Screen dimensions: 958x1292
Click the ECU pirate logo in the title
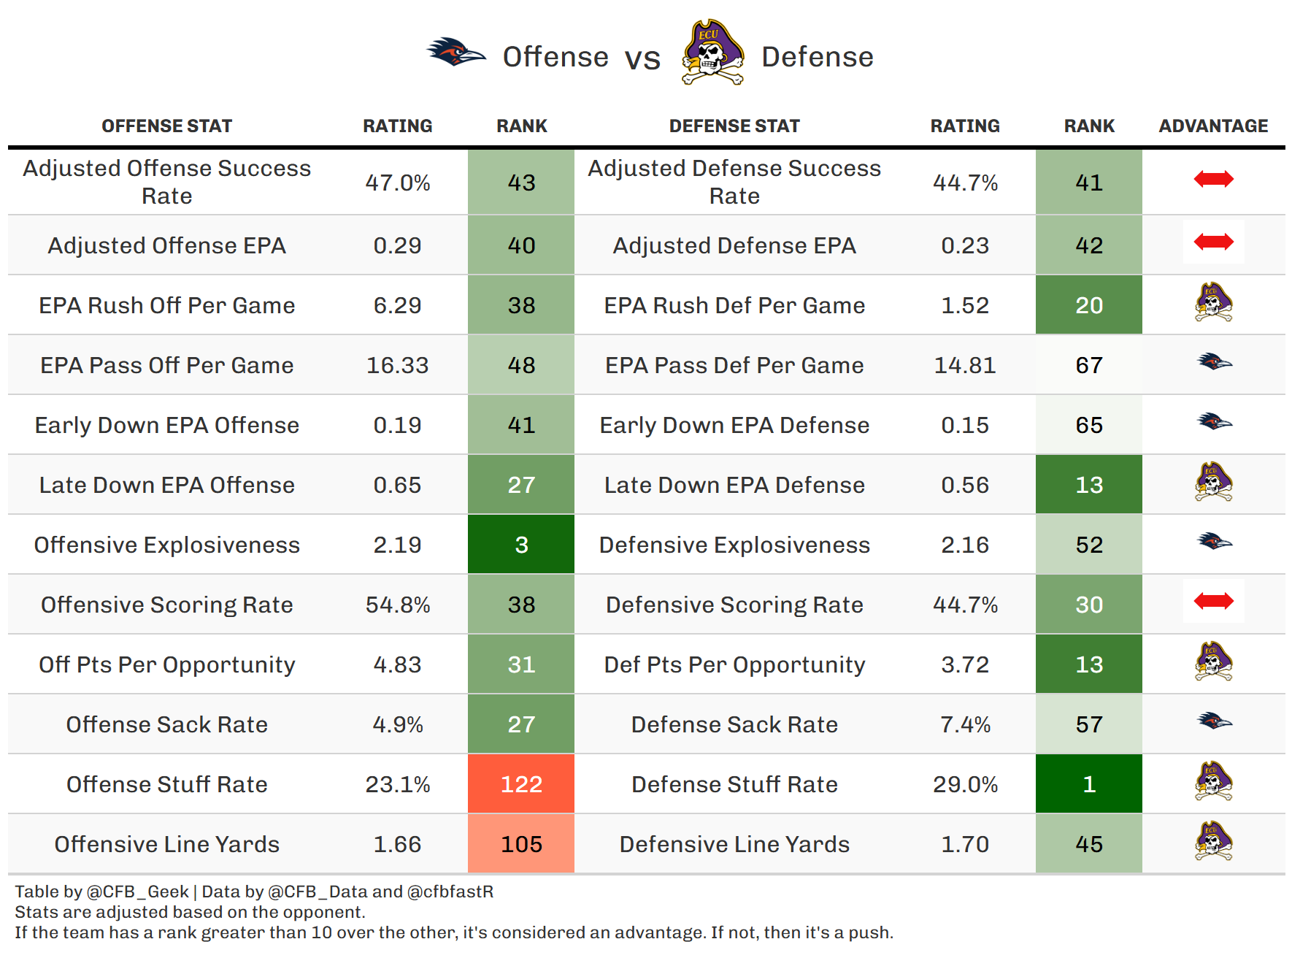click(x=712, y=53)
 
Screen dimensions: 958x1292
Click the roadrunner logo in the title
click(x=456, y=53)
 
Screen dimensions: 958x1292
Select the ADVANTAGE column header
click(x=1213, y=126)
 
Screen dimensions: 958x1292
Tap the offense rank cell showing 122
click(x=521, y=784)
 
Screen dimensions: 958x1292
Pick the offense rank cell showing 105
click(x=521, y=844)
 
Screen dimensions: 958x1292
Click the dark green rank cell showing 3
click(x=521, y=545)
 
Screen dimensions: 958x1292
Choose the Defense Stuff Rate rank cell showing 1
click(x=1088, y=784)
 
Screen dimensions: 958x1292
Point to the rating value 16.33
click(x=397, y=365)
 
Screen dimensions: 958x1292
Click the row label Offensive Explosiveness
click(x=167, y=545)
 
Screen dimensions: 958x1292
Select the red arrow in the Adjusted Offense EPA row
click(x=1213, y=242)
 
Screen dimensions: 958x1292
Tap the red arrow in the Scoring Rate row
click(x=1213, y=601)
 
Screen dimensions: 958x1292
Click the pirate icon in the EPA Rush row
click(x=1213, y=302)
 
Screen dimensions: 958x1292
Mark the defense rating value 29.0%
click(x=965, y=784)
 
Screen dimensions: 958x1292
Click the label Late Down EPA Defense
click(x=734, y=485)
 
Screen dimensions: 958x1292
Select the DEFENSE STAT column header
click(x=734, y=126)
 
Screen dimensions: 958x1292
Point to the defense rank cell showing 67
click(x=1088, y=365)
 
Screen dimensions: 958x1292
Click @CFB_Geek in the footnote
click(x=137, y=892)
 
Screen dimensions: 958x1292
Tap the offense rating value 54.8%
click(x=397, y=605)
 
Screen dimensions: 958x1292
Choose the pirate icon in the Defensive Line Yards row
click(x=1213, y=841)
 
